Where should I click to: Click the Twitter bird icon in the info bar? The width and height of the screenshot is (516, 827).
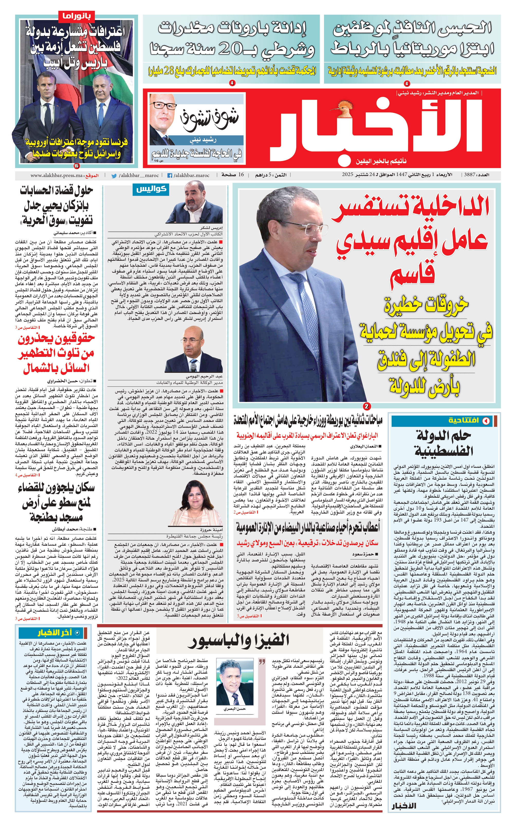click(114, 176)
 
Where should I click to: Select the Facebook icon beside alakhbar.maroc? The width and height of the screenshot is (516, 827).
click(169, 176)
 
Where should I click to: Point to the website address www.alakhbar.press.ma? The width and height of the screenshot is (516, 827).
click(57, 176)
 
